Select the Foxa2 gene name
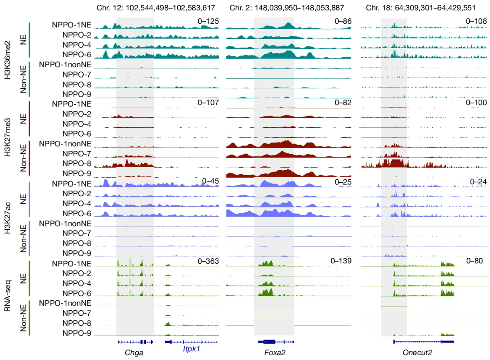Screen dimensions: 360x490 click(x=275, y=352)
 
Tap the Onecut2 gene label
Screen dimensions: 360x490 click(x=417, y=352)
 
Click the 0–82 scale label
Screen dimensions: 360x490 click(x=343, y=103)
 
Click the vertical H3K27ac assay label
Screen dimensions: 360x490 click(x=7, y=219)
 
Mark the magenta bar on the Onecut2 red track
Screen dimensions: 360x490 click(x=392, y=160)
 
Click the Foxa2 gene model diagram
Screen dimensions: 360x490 click(x=272, y=341)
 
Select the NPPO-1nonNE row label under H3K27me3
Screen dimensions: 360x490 click(x=65, y=144)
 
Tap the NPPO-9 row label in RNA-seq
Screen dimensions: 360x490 click(x=76, y=333)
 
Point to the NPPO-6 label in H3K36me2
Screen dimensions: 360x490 click(x=76, y=55)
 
